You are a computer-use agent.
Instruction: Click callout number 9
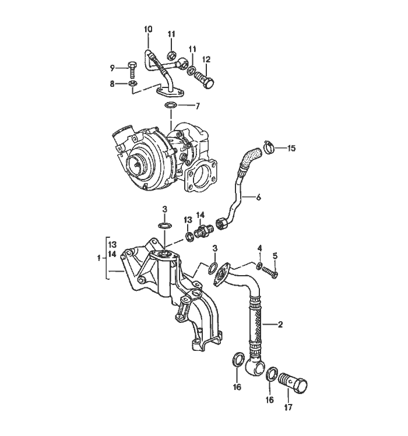(113, 68)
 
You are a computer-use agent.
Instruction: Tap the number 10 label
(147, 29)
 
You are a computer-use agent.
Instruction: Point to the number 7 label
(198, 106)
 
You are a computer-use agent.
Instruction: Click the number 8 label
(113, 84)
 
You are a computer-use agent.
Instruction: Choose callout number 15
(291, 149)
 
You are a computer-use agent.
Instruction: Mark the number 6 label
(258, 198)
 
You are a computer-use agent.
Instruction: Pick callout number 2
(280, 324)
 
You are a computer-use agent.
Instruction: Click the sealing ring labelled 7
(171, 106)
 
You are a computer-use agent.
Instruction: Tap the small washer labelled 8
(132, 85)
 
